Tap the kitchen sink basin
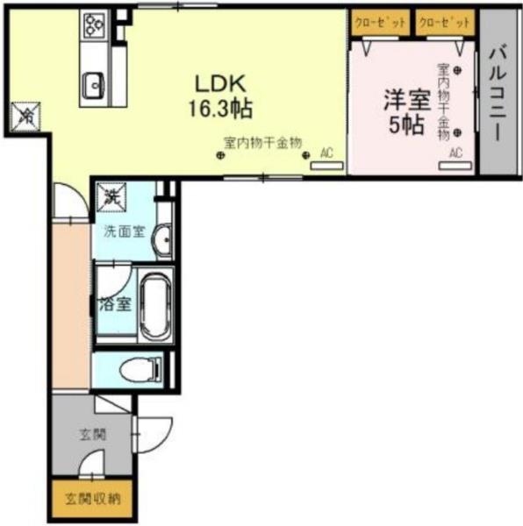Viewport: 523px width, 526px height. click(x=92, y=86)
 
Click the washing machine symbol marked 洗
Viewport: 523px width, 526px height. click(x=111, y=198)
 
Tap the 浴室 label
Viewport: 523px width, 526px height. click(x=114, y=305)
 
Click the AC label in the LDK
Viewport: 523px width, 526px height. click(x=326, y=153)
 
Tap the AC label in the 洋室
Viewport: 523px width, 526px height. click(x=455, y=153)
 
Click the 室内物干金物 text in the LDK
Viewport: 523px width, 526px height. click(x=262, y=141)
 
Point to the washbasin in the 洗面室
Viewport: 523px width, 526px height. click(x=162, y=239)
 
